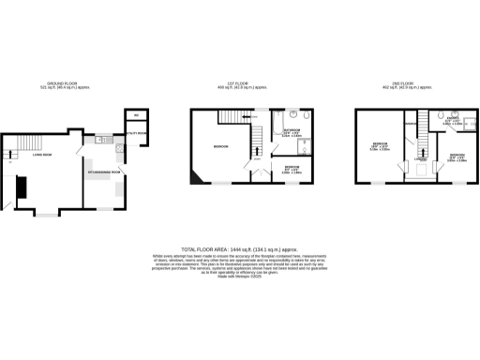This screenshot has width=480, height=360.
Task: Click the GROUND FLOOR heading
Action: tap(65, 82)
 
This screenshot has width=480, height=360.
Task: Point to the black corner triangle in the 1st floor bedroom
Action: tap(193, 177)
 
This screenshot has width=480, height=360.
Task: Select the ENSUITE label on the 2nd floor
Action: tap(451, 121)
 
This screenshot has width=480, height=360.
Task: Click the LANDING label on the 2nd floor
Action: tap(422, 159)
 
